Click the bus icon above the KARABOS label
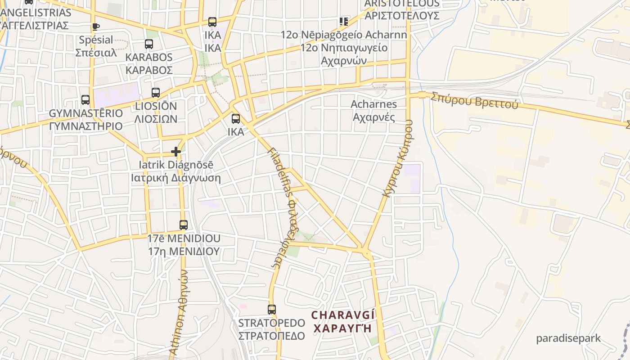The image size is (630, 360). pyautogui.click(x=149, y=44)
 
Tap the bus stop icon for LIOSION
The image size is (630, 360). pyautogui.click(x=156, y=93)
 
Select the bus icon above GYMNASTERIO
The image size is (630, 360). pyautogui.click(x=85, y=100)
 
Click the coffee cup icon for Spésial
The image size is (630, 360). pyautogui.click(x=95, y=27)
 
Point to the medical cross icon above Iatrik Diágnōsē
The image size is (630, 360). pyautogui.click(x=176, y=152)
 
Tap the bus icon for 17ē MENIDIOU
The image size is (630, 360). pyautogui.click(x=184, y=225)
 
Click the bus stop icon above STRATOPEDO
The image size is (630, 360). pyautogui.click(x=272, y=310)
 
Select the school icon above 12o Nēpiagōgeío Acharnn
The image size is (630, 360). pyautogui.click(x=344, y=22)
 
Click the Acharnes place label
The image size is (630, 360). pyautogui.click(x=374, y=104)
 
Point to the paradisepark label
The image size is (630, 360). pyautogui.click(x=568, y=338)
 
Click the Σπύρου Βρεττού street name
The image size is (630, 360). pyautogui.click(x=474, y=101)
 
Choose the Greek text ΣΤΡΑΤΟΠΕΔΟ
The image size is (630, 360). pyautogui.click(x=271, y=336)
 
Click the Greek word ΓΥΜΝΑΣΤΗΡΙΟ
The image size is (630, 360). pyautogui.click(x=85, y=126)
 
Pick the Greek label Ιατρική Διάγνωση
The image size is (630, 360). pyautogui.click(x=176, y=178)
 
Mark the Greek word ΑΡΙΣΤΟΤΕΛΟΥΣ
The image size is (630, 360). pyautogui.click(x=402, y=15)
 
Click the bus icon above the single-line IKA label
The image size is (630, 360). pyautogui.click(x=236, y=119)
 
